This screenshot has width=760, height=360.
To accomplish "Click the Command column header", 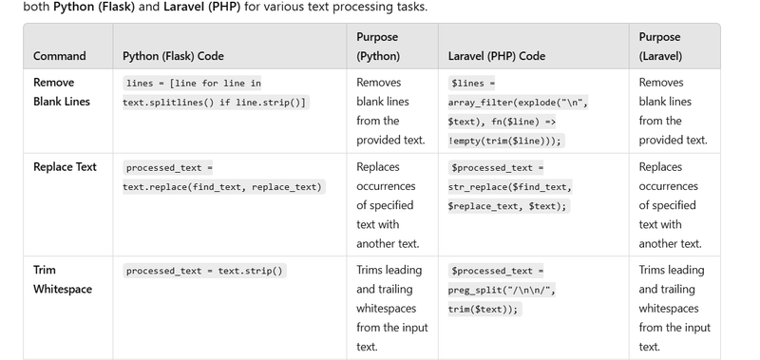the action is tap(60, 56).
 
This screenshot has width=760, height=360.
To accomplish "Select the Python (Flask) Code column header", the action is tap(173, 56).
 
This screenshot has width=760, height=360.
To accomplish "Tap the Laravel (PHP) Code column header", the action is tap(496, 56).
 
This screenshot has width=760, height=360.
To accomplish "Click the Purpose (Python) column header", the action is tap(378, 47).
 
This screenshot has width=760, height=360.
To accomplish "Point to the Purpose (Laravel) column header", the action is tap(660, 47).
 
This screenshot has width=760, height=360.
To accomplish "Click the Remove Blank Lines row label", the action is tap(62, 91).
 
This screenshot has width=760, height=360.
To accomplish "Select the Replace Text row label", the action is tap(65, 166).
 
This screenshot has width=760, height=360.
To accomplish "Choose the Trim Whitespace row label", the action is tap(63, 279).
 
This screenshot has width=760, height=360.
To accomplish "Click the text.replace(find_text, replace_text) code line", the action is tap(222, 187).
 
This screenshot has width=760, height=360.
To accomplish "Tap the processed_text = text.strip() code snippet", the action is tap(204, 271).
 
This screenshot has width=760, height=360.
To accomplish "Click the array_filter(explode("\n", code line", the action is tap(518, 103).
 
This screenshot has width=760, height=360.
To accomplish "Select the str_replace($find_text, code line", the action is tap(510, 187).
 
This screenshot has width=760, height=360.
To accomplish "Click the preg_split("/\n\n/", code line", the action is tap(502, 291).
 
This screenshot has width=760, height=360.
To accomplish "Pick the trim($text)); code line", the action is tap(484, 309).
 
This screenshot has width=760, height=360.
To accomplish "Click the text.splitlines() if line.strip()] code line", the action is tap(215, 103).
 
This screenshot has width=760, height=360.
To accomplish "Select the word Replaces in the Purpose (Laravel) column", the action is tap(660, 166).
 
